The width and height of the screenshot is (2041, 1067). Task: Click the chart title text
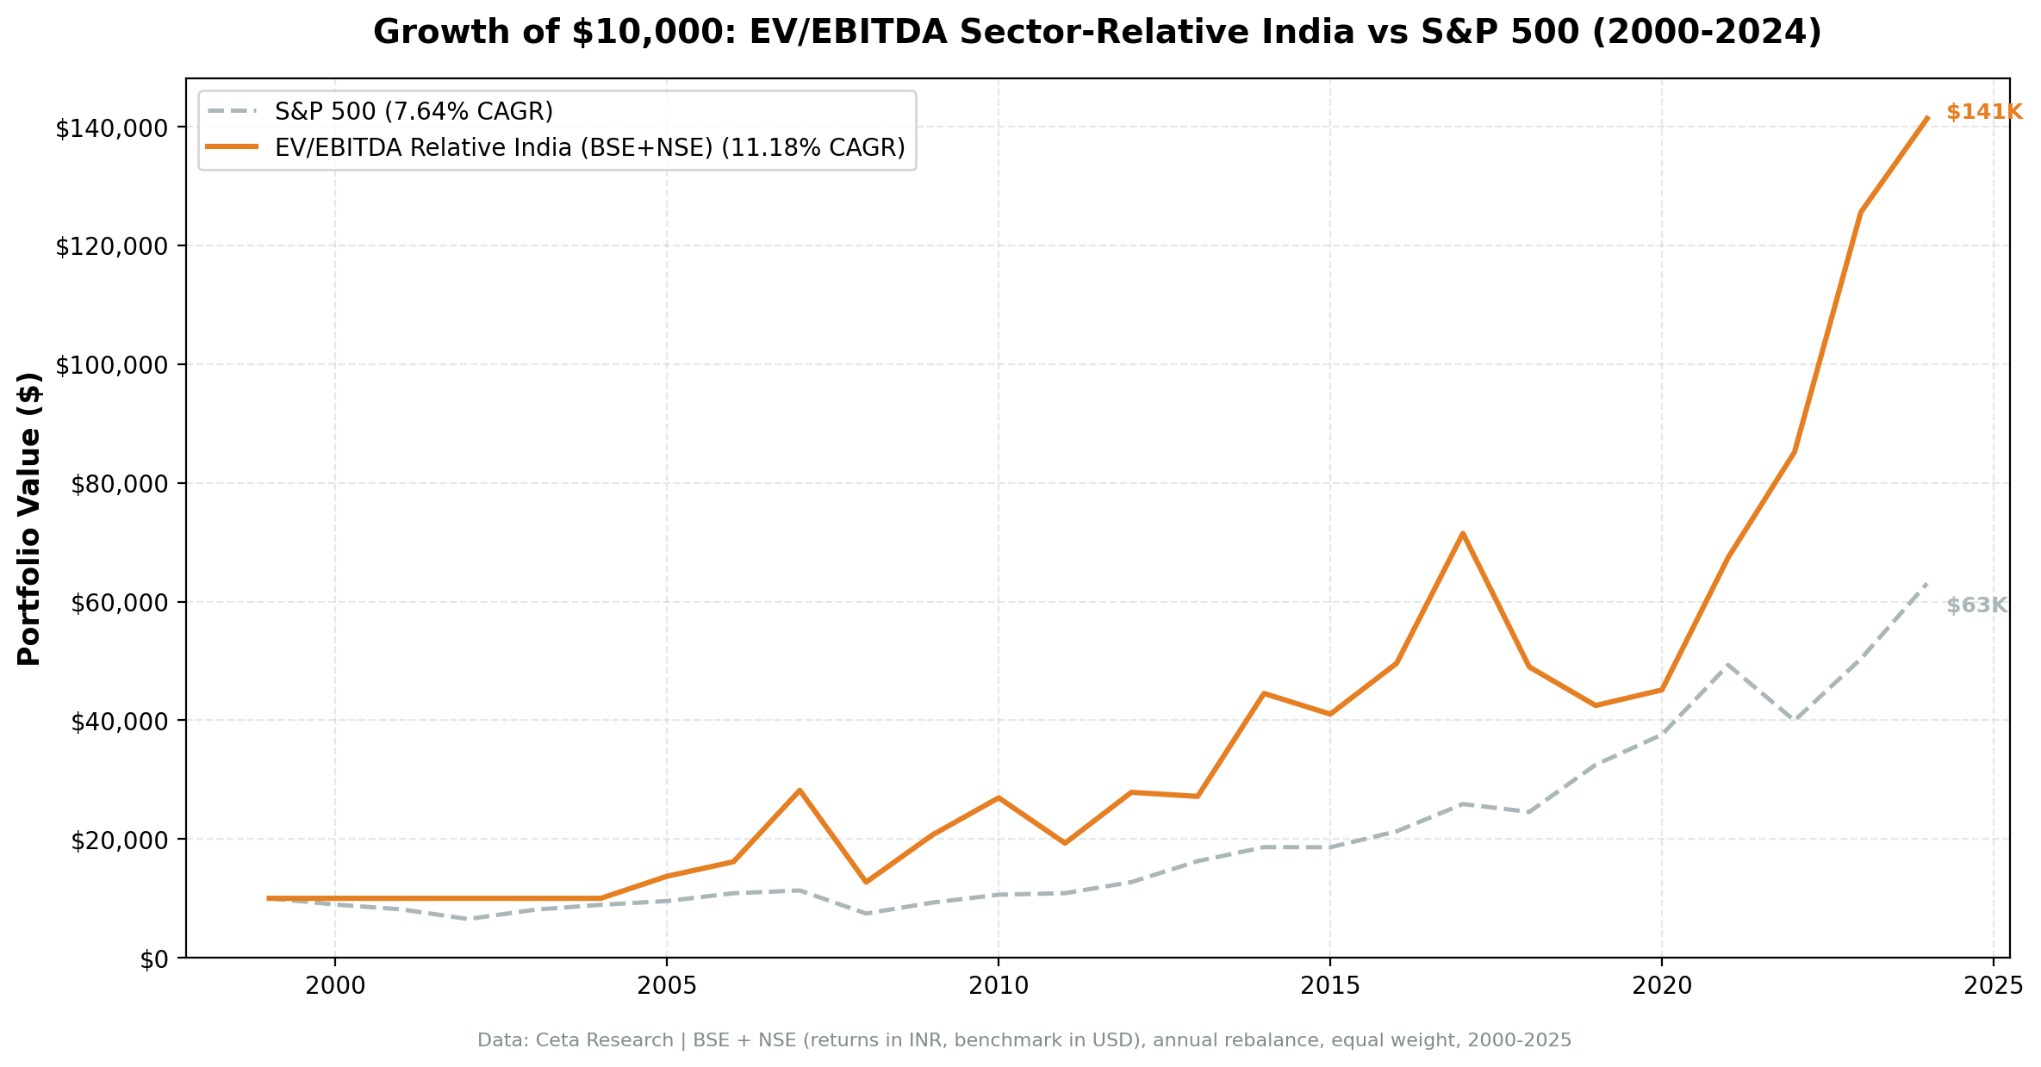1097,33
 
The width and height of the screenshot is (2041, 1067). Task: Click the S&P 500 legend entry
414,112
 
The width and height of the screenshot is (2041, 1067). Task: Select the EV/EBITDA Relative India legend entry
589,148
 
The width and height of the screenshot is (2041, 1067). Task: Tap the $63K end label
1976,605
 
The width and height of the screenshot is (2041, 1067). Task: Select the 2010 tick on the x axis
998,986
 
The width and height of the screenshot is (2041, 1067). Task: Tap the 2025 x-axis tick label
1992,986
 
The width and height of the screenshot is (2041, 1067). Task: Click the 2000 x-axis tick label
335,986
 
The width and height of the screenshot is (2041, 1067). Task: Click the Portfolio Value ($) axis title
29,518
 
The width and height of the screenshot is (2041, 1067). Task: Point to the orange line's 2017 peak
1462,533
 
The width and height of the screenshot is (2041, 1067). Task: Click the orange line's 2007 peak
800,790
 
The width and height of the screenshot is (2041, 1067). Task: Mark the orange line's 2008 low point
865,882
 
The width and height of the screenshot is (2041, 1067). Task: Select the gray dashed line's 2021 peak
1727,664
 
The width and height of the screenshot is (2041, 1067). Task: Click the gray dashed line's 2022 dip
1794,720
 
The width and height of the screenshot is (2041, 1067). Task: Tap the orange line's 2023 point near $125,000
1861,212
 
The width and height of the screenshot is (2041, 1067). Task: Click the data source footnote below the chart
1024,1040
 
